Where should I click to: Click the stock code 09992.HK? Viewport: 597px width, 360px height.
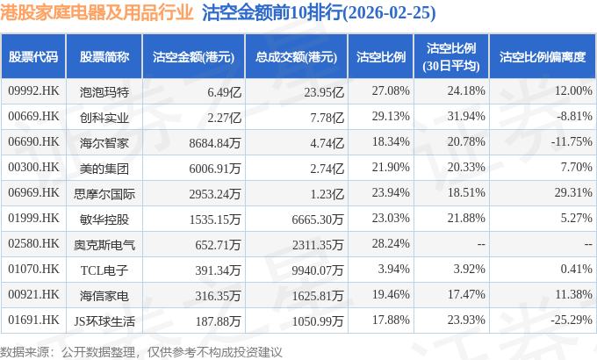[33, 90]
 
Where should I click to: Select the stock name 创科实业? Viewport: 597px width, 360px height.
[104, 118]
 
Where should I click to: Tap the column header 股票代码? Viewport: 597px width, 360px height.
[33, 57]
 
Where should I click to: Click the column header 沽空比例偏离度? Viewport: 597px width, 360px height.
[543, 57]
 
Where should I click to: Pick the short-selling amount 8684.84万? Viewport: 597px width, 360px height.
[215, 143]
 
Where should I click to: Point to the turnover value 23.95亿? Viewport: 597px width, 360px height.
[324, 92]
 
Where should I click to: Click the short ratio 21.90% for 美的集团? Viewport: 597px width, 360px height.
[391, 167]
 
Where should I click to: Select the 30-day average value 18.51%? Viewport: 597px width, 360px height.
[466, 192]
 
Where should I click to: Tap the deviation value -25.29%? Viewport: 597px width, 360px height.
[572, 320]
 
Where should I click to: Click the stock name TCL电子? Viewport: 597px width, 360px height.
[104, 270]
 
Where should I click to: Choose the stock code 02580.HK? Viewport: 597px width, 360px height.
[33, 243]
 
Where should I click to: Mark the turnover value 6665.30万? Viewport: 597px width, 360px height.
[318, 220]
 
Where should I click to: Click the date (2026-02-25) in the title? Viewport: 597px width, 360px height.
[389, 13]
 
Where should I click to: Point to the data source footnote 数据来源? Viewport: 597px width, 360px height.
[25, 352]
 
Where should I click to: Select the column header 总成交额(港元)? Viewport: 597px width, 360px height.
[296, 57]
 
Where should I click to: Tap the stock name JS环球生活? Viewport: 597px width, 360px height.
[104, 321]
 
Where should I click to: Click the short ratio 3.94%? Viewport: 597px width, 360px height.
[393, 269]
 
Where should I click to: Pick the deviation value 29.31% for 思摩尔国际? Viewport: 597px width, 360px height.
[573, 192]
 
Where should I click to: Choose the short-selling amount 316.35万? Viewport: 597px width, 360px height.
[218, 296]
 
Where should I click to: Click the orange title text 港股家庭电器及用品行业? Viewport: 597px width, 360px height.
[97, 13]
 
